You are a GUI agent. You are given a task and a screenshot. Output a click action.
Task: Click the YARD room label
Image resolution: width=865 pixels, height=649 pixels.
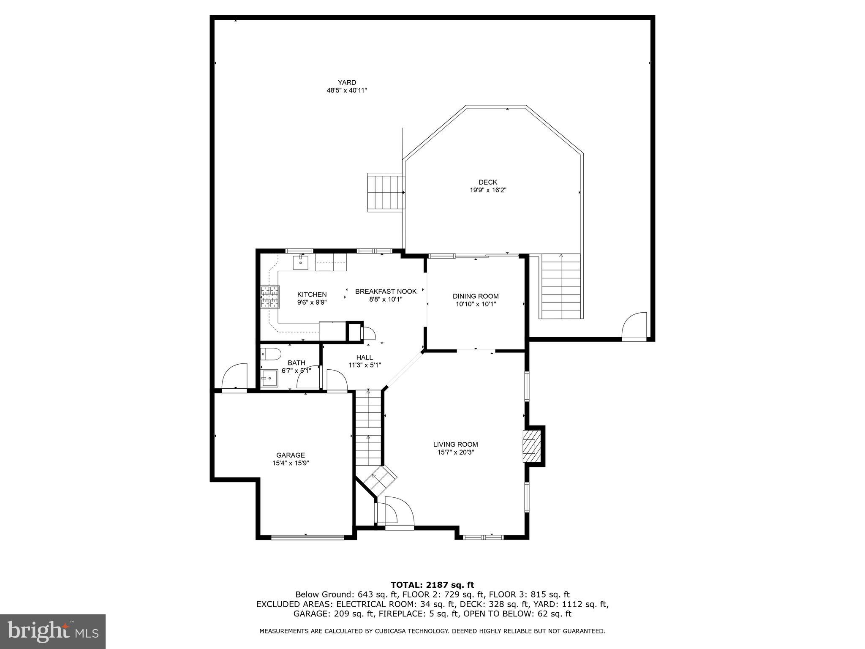(x=347, y=82)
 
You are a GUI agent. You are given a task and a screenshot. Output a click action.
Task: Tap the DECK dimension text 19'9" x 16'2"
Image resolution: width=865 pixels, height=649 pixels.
(x=488, y=190)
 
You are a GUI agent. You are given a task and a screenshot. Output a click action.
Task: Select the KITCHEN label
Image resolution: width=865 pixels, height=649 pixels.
(x=312, y=295)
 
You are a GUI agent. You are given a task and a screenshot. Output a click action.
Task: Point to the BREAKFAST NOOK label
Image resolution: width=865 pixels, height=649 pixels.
(x=386, y=292)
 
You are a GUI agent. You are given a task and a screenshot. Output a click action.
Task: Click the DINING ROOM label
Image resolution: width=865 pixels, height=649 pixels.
(x=476, y=296)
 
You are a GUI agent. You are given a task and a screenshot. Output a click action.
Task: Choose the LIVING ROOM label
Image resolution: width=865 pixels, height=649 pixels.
(x=455, y=444)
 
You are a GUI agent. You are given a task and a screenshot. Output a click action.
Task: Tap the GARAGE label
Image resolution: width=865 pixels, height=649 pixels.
(x=290, y=455)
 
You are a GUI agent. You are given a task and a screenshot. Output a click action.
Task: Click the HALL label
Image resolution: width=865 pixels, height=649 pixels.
(x=364, y=357)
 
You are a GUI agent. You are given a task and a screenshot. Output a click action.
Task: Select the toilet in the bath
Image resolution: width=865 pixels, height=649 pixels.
(x=270, y=354)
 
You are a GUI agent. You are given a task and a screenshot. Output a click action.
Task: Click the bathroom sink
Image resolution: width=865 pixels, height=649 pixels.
(x=269, y=378)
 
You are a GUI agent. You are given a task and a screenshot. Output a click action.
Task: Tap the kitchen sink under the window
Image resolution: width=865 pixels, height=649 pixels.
(x=300, y=262)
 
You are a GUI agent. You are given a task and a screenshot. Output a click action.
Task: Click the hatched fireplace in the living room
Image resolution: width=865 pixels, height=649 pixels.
(x=531, y=446)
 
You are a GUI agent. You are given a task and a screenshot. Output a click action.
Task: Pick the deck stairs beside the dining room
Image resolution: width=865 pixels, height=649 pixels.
(x=561, y=286)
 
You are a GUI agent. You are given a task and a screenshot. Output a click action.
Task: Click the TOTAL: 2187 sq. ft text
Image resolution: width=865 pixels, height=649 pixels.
(x=432, y=585)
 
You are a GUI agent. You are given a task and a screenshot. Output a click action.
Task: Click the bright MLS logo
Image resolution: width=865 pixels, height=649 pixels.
(x=53, y=631)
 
